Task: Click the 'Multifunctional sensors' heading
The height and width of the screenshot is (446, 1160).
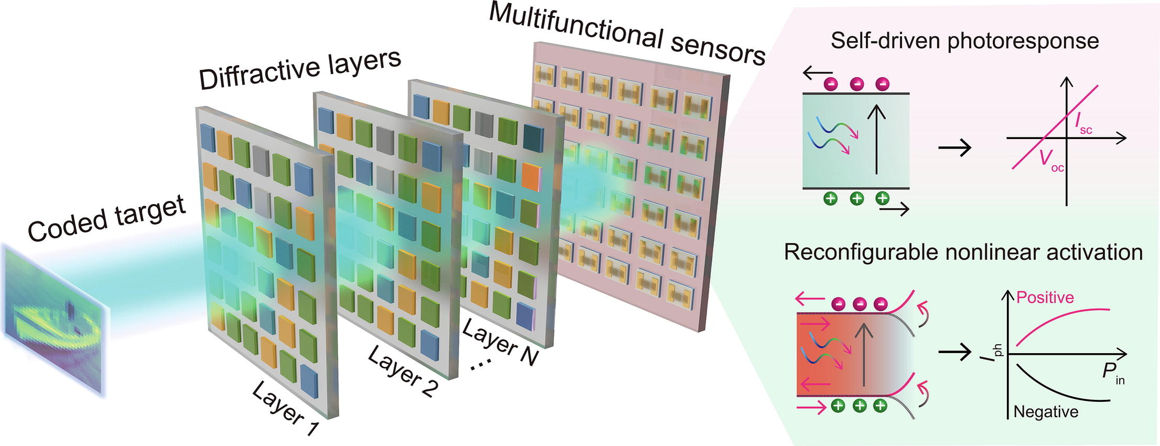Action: click(626, 34)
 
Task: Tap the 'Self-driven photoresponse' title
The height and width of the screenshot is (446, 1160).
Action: click(964, 41)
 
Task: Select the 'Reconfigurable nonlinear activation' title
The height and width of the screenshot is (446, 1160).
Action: click(963, 252)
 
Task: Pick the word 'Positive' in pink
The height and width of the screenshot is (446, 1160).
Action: click(1045, 298)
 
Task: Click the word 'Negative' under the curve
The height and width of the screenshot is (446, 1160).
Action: click(1046, 412)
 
